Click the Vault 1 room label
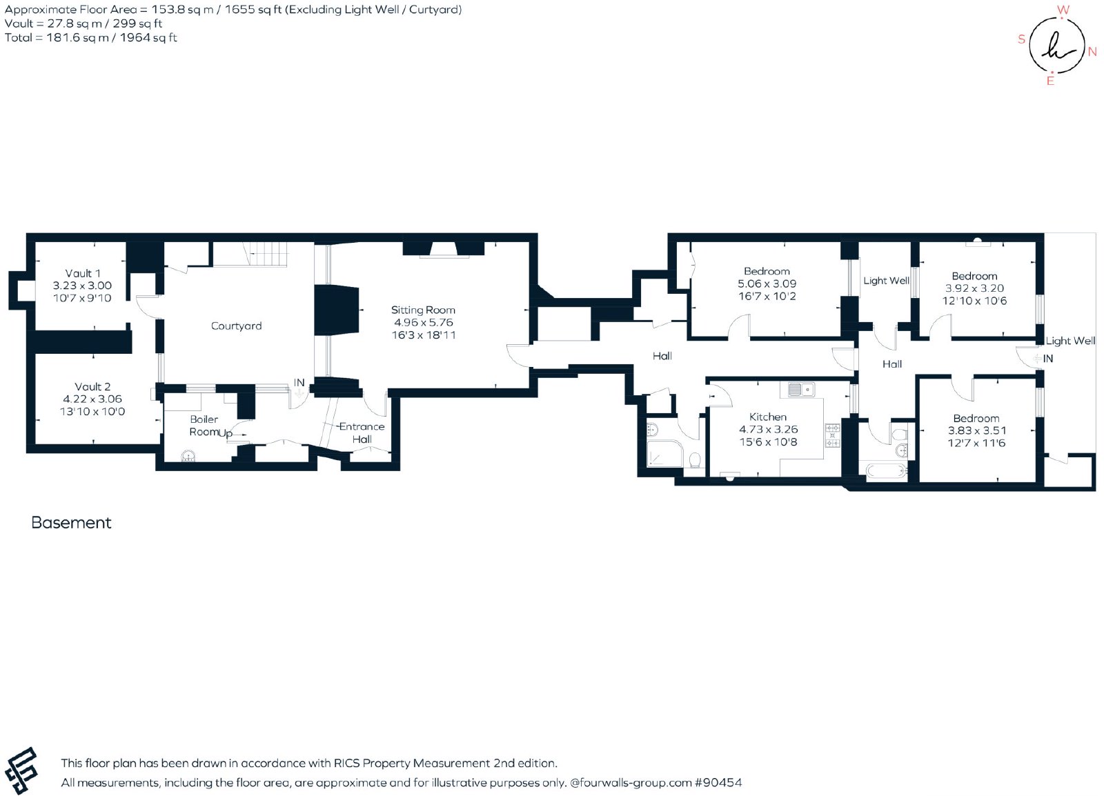(83, 273)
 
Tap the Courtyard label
(236, 326)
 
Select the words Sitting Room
(423, 310)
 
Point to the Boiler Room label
(204, 426)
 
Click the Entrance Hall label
(362, 433)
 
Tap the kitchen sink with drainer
(801, 390)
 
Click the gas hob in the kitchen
(832, 435)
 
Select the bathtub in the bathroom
(887, 471)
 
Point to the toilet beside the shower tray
(696, 460)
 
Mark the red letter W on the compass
(1063, 10)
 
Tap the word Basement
(72, 523)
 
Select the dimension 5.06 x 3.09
(767, 283)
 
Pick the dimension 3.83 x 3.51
(976, 430)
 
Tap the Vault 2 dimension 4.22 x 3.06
(92, 399)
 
